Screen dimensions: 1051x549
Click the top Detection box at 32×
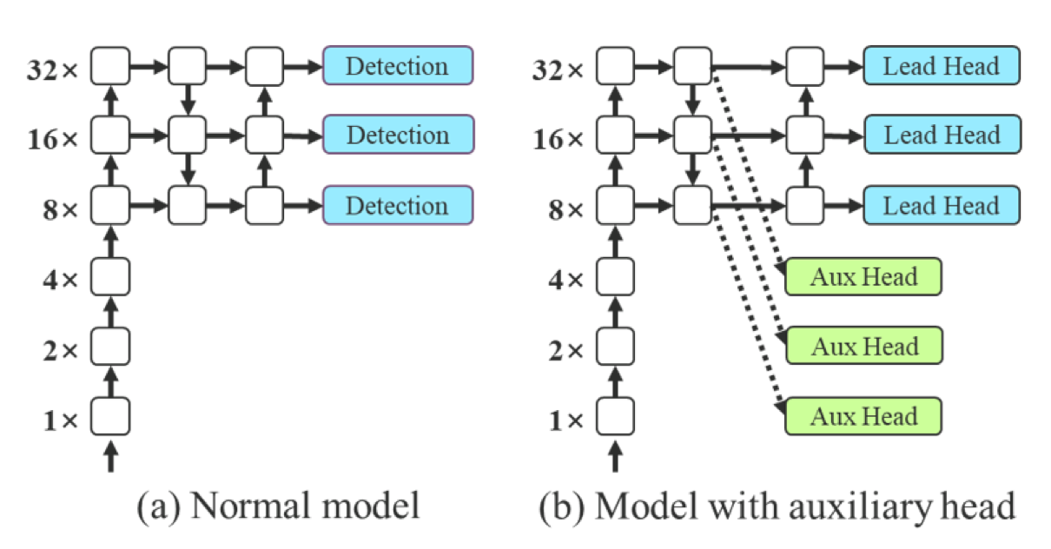point(398,65)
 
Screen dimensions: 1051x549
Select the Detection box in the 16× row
point(399,134)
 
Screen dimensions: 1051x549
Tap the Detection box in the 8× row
point(398,205)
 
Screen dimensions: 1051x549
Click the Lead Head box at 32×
point(942,65)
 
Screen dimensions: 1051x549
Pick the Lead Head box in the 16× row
point(942,134)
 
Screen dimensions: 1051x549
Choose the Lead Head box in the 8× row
point(942,205)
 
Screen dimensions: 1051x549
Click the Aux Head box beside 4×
point(863,276)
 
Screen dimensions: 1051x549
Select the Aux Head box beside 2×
point(864,346)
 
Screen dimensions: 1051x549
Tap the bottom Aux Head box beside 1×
point(863,416)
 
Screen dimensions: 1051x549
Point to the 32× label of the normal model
point(52,69)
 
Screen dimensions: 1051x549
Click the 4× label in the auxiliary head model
point(565,280)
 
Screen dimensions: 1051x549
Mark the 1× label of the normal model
point(60,420)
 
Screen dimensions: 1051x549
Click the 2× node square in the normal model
point(110,347)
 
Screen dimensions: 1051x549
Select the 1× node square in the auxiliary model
point(615,416)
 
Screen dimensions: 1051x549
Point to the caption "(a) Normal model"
point(278,506)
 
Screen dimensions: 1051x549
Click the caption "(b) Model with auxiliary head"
point(777,506)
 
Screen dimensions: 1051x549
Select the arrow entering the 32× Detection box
point(303,66)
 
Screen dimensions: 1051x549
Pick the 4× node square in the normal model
point(110,276)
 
